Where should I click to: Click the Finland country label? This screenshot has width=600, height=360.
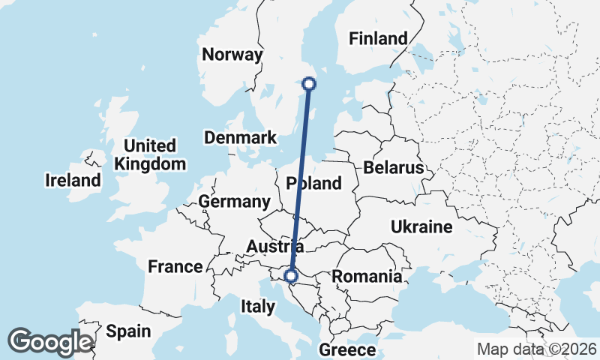click(378, 38)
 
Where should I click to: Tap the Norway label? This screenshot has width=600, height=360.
click(232, 55)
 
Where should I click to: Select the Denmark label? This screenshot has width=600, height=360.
click(240, 138)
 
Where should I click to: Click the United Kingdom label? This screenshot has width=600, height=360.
click(150, 154)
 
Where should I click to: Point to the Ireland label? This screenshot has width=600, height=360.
click(73, 180)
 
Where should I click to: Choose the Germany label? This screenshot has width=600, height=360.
click(234, 202)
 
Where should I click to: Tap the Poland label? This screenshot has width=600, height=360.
click(313, 183)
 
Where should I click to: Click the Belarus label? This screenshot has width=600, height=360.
click(393, 167)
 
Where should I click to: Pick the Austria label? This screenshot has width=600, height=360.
click(275, 246)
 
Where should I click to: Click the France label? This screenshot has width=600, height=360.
click(175, 266)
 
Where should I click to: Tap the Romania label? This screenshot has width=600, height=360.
click(367, 276)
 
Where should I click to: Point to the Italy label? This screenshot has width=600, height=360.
click(258, 306)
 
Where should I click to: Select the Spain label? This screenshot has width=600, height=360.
click(128, 331)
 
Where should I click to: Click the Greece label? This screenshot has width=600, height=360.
click(347, 350)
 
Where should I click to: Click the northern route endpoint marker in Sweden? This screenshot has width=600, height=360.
click(308, 84)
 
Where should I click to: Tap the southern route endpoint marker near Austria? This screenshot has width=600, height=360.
click(292, 276)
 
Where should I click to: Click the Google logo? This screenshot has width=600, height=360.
click(50, 341)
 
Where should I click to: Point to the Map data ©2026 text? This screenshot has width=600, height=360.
click(537, 349)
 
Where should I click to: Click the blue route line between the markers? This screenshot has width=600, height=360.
click(300, 180)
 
